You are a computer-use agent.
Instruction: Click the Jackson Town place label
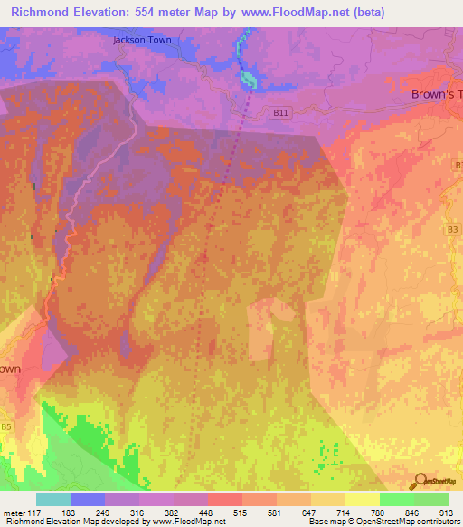tap(142, 40)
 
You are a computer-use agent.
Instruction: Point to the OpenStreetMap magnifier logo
tap(418, 481)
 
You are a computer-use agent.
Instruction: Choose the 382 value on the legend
tap(172, 513)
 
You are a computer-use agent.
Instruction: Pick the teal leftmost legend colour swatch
tap(53, 499)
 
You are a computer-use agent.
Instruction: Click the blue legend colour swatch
tap(88, 499)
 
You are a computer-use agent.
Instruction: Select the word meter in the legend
tap(11, 513)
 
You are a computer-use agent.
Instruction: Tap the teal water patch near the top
tap(249, 79)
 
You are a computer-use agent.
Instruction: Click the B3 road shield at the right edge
tap(450, 231)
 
